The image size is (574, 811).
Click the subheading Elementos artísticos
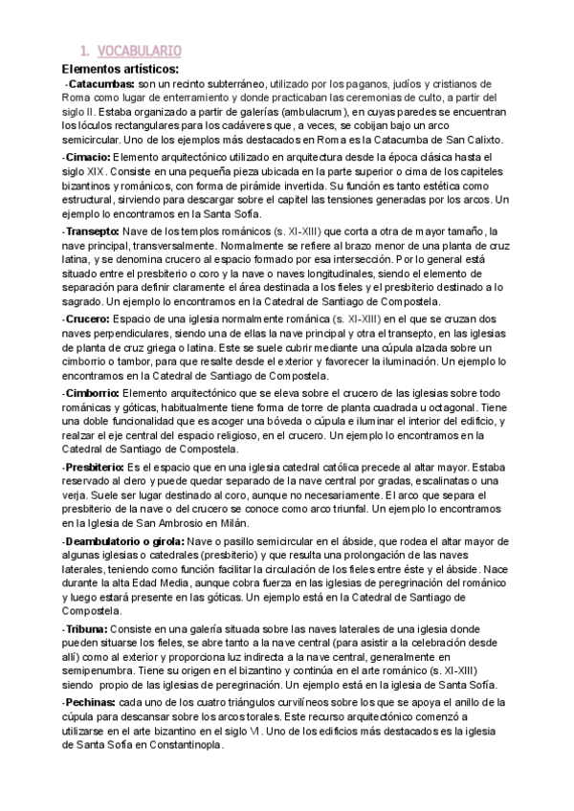click(125, 68)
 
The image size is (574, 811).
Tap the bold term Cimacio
click(86, 156)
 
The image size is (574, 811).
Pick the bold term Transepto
click(92, 231)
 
